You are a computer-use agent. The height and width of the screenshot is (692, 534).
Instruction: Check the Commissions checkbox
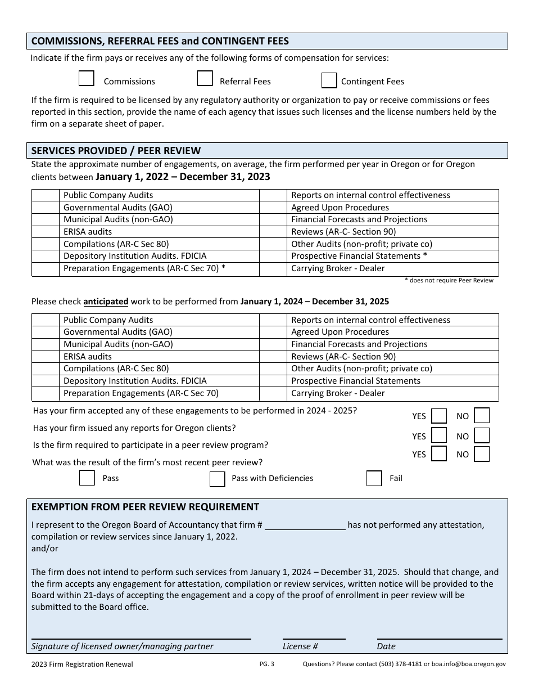pyautogui.click(x=86, y=79)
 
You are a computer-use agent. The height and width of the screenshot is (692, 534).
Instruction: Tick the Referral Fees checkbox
pyautogui.click(x=205, y=79)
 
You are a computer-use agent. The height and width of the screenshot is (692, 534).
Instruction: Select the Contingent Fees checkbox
pyautogui.click(x=329, y=81)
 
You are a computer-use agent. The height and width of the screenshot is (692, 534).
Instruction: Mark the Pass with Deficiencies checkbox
pyautogui.click(x=217, y=479)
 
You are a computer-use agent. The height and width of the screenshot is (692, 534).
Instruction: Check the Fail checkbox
pyautogui.click(x=374, y=478)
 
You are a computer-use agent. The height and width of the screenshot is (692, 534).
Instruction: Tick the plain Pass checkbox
pyautogui.click(x=87, y=478)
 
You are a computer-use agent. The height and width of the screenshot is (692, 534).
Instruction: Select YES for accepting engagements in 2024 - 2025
pyautogui.click(x=439, y=416)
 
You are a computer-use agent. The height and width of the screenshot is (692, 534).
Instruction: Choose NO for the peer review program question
pyautogui.click(x=482, y=454)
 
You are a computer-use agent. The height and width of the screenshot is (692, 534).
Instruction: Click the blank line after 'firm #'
pyautogui.click(x=305, y=525)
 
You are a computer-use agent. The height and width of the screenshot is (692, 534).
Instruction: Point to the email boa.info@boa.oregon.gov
pyautogui.click(x=468, y=664)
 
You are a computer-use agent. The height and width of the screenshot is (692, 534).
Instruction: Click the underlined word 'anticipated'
pyautogui.click(x=106, y=302)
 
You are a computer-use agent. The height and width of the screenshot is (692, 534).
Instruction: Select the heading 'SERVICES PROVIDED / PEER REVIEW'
pyautogui.click(x=116, y=151)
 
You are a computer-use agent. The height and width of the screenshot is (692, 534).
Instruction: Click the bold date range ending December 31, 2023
pyautogui.click(x=183, y=177)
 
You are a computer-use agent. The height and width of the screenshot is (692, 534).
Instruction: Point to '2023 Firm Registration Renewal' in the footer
pyautogui.click(x=82, y=664)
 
